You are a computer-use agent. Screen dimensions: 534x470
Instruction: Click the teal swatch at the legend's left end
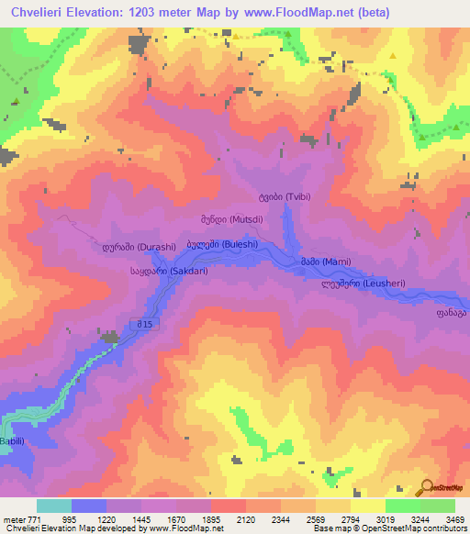pyautogui.click(x=53, y=506)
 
